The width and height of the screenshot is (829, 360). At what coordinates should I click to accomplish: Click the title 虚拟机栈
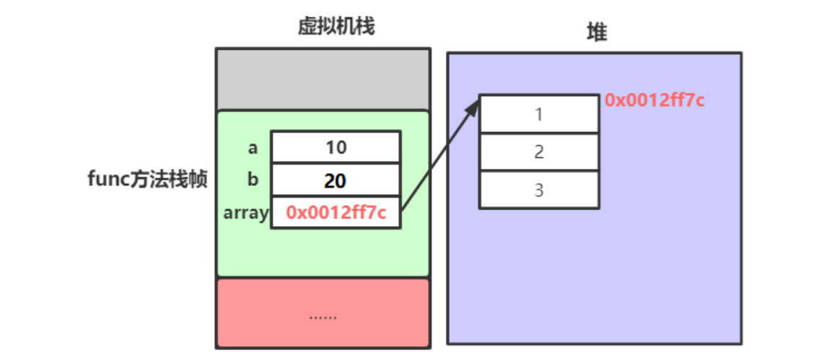click(336, 27)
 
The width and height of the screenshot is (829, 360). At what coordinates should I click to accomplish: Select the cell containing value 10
click(335, 147)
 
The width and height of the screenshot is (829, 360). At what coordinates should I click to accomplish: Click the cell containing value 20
click(335, 180)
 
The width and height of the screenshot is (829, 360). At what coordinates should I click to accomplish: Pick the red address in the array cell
click(335, 213)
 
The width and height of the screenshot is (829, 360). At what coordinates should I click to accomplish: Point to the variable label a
click(253, 148)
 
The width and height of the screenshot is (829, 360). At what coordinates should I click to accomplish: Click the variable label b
click(253, 180)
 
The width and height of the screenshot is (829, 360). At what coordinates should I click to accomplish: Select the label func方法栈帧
click(147, 180)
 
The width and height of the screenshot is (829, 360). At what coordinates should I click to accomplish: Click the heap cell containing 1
click(539, 114)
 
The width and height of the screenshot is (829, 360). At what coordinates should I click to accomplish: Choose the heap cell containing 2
click(539, 152)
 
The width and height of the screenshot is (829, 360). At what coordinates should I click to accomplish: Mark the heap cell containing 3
click(539, 190)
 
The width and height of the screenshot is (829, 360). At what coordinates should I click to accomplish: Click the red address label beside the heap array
click(654, 100)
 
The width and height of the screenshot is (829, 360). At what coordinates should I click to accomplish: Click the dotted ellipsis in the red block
click(323, 316)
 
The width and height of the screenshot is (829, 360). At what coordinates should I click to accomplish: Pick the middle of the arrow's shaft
click(439, 157)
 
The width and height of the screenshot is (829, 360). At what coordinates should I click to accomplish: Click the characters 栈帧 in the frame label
click(190, 180)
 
